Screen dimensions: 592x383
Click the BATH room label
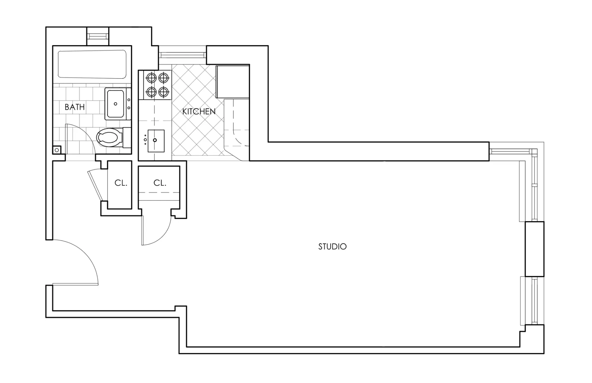(75, 107)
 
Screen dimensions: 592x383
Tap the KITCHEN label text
(199, 112)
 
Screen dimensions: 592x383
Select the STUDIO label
(332, 247)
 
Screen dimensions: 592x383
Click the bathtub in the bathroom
(92, 64)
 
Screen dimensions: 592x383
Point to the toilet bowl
(109, 137)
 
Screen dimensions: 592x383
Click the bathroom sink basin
(115, 104)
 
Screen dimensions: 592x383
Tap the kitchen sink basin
(156, 141)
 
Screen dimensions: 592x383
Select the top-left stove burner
(151, 78)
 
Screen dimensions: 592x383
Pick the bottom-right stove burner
(164, 92)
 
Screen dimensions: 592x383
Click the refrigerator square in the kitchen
(233, 82)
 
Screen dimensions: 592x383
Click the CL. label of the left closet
(121, 183)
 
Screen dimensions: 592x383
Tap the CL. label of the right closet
(160, 183)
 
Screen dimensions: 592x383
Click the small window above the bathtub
(98, 36)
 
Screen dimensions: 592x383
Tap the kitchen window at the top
(182, 55)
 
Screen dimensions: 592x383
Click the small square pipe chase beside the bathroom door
(57, 150)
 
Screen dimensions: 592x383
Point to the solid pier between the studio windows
(535, 249)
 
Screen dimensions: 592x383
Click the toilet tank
(127, 138)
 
